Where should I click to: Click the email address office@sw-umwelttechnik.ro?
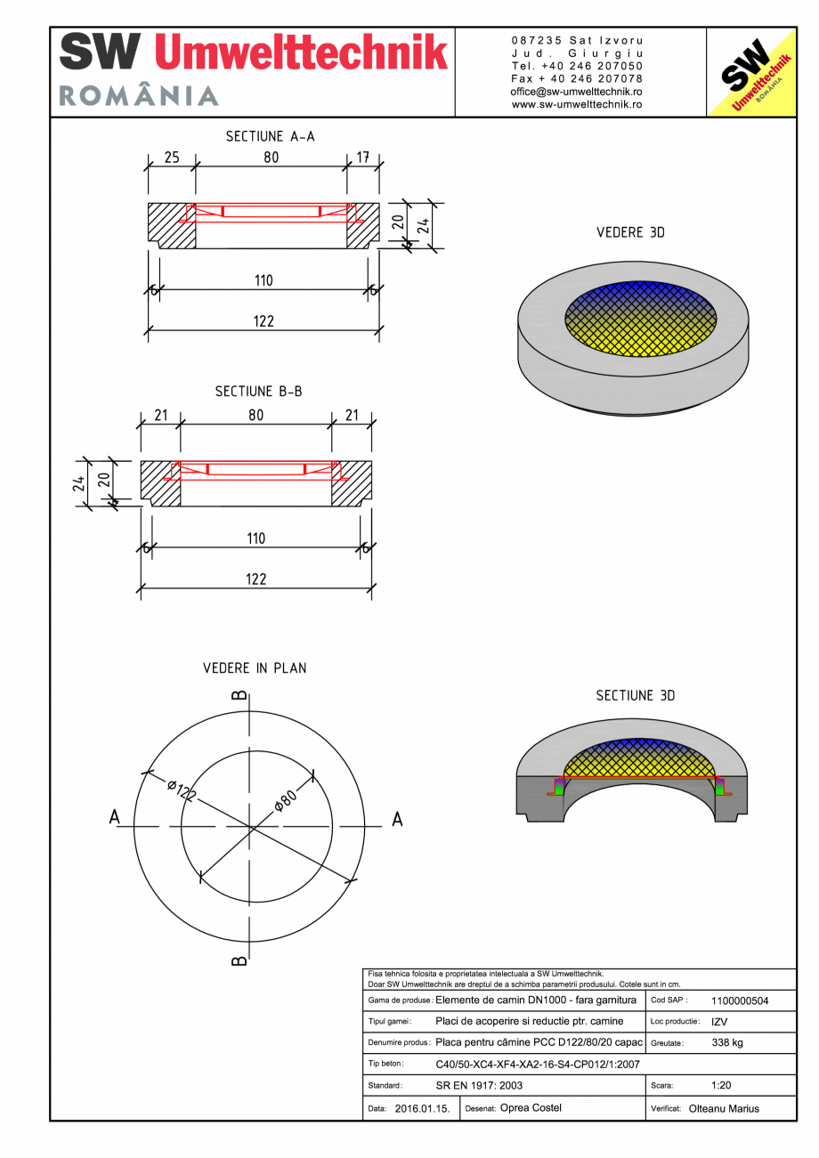pyautogui.click(x=577, y=92)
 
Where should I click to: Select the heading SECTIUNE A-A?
pyautogui.click(x=270, y=136)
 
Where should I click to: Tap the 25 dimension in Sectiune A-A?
pyautogui.click(x=172, y=158)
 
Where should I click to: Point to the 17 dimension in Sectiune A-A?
pyautogui.click(x=363, y=158)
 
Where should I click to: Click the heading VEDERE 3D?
pyautogui.click(x=630, y=232)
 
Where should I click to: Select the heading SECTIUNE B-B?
pyautogui.click(x=258, y=391)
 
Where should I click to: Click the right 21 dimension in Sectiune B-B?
pyautogui.click(x=351, y=415)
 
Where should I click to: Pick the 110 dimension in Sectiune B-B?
pyautogui.click(x=255, y=539)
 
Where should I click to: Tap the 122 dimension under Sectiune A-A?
pyautogui.click(x=263, y=321)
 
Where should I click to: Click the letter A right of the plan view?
pyautogui.click(x=397, y=819)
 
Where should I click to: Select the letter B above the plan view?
pyautogui.click(x=239, y=695)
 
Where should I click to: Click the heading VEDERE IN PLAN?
pyautogui.click(x=254, y=668)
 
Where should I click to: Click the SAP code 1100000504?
pyautogui.click(x=740, y=1000)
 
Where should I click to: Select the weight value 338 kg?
pyautogui.click(x=727, y=1042)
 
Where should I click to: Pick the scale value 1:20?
pyautogui.click(x=722, y=1086)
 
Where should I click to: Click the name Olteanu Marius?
pyautogui.click(x=724, y=1109)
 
